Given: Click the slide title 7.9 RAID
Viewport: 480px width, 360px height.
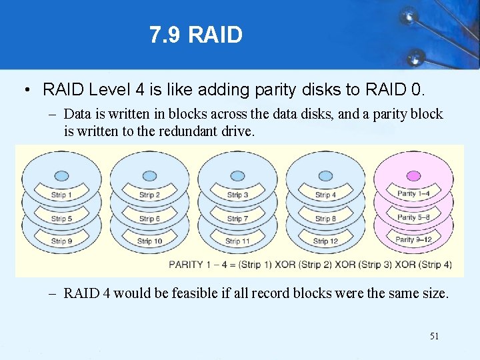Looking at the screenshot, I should tap(196, 35).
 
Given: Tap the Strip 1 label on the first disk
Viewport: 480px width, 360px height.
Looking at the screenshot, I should tap(61, 195).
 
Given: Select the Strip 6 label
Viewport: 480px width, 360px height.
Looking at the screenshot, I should tap(149, 219).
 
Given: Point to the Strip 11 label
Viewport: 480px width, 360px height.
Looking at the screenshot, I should tap(237, 241).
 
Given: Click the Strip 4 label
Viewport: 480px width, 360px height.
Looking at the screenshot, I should tap(325, 195).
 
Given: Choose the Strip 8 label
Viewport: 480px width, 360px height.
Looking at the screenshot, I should tap(325, 219).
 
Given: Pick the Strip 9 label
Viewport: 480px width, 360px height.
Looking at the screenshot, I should tap(61, 241).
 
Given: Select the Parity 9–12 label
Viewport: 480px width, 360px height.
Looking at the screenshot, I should tap(414, 239).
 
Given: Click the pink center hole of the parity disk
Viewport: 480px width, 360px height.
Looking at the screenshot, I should tap(413, 176).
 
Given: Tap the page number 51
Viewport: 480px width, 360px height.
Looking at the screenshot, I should tap(434, 336).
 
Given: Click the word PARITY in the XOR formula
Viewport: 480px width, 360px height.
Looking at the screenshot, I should tap(186, 264).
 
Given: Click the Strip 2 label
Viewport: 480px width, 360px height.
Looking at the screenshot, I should tap(149, 195).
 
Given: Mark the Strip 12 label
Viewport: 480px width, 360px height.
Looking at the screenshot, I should tap(325, 241).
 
